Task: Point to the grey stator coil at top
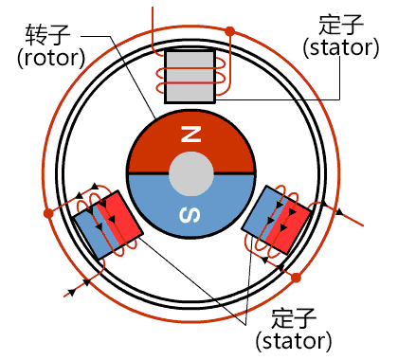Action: (190, 76)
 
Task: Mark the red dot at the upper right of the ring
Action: (229, 31)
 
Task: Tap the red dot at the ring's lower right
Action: (296, 278)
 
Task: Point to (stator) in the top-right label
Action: (337, 45)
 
